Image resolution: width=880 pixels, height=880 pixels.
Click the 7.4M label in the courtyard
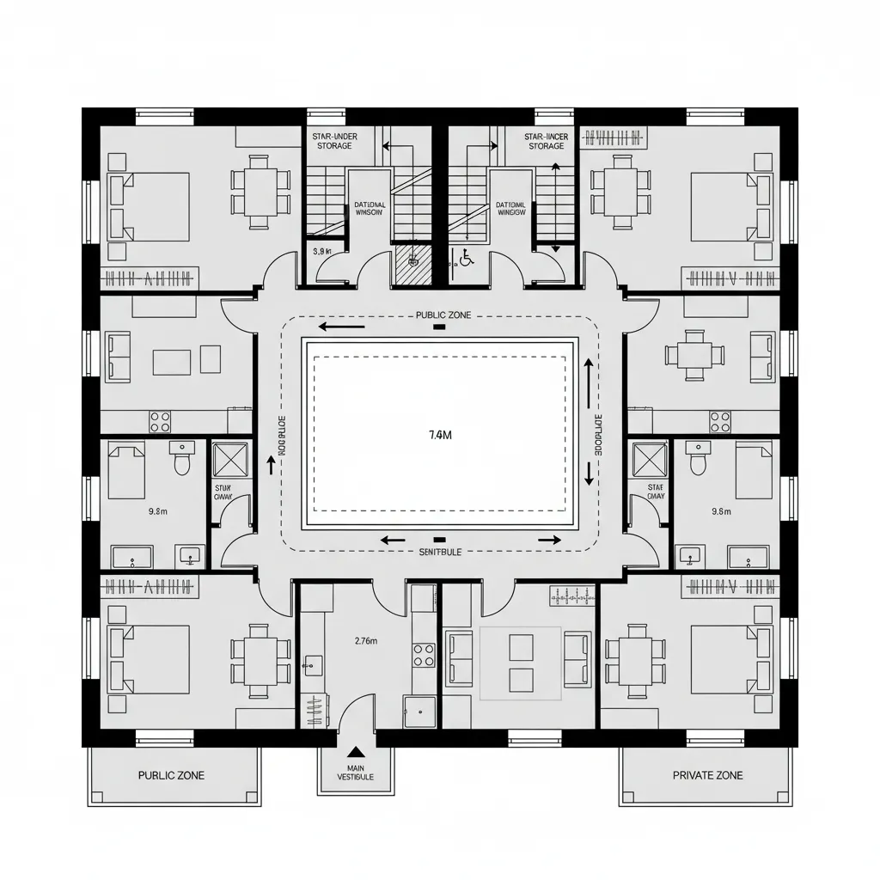click(439, 436)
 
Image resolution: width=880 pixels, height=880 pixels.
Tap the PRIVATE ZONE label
click(707, 775)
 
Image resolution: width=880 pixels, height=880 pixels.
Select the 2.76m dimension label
click(367, 640)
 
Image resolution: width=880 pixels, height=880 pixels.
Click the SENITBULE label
click(439, 553)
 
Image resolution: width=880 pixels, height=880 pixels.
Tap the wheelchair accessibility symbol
click(467, 255)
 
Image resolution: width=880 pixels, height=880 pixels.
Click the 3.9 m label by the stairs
click(322, 252)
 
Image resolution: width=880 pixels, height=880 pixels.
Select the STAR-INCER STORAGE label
click(546, 141)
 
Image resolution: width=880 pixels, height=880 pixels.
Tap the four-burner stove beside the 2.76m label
click(424, 655)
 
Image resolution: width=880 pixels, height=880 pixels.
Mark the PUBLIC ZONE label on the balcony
click(171, 775)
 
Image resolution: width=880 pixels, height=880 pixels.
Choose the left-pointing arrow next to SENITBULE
click(393, 540)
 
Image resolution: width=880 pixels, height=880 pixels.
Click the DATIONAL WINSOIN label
click(370, 209)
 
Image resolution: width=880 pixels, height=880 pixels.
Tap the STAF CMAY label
click(223, 491)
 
